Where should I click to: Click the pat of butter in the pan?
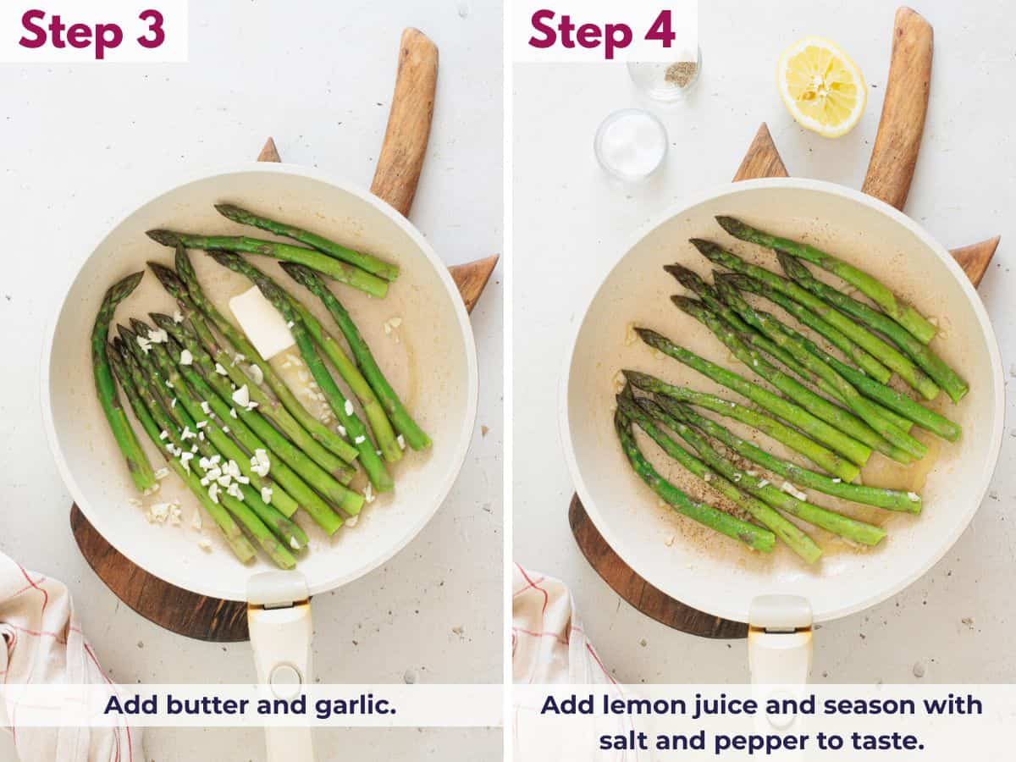261,322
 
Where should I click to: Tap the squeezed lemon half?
821,86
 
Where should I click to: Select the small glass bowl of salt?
631,144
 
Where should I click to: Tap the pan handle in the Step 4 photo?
780,652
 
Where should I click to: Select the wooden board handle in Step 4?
899,102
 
